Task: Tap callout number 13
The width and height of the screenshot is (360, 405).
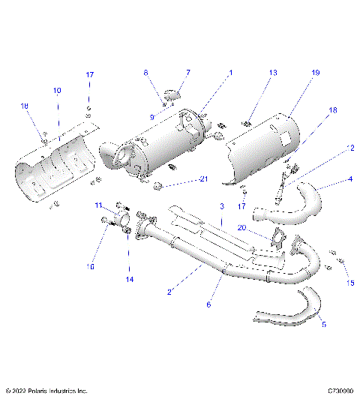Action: (x=273, y=73)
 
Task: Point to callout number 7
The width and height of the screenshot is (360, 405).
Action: (x=188, y=73)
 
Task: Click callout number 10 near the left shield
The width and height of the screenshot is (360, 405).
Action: (x=55, y=90)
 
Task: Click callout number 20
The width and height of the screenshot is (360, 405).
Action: (x=241, y=228)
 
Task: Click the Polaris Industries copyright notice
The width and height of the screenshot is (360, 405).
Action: (x=46, y=391)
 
